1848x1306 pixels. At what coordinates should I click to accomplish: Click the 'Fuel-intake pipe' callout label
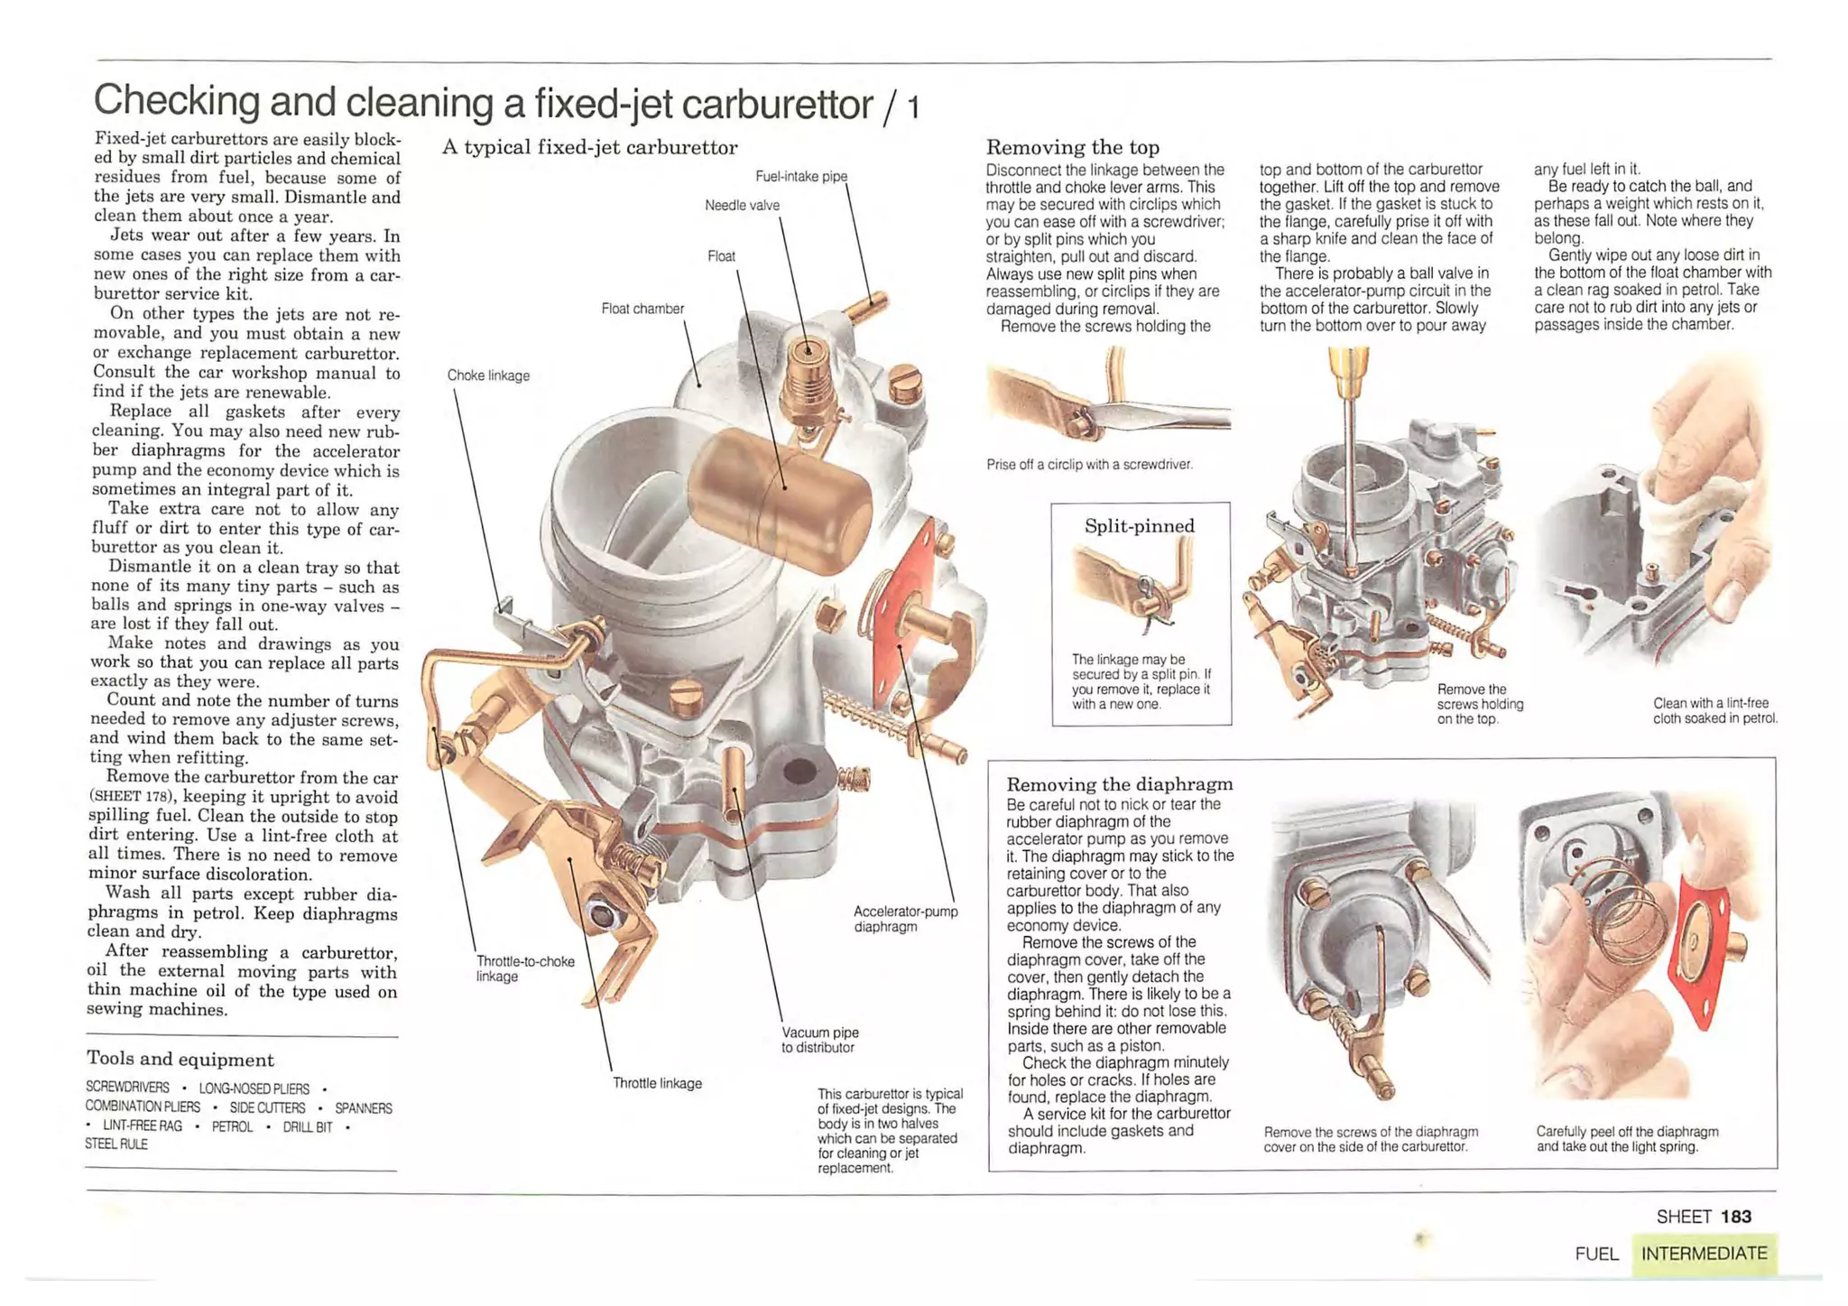800,176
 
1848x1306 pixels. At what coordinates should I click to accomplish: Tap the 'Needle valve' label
742,206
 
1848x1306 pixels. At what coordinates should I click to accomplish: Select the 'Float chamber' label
642,309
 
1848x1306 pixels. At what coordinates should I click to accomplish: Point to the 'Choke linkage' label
488,375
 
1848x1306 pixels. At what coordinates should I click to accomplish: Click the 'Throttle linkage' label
657,1083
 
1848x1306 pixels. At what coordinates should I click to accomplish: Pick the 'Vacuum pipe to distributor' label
819,1040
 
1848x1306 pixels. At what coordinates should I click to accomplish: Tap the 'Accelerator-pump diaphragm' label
905,919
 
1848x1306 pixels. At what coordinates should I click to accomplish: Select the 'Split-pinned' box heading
1139,526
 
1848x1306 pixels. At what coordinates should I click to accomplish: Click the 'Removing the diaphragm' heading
1119,783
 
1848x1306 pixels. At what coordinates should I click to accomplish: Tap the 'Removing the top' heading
1072,147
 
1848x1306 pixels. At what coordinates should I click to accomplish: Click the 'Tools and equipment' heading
180,1059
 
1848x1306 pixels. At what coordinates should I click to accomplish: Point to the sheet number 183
1735,1217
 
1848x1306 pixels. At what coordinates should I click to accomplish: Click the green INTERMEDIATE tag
1704,1254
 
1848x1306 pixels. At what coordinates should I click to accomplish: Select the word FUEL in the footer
1596,1254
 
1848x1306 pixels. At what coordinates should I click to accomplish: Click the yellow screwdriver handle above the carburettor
1347,370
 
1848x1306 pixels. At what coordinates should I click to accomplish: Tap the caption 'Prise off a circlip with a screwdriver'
1089,465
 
